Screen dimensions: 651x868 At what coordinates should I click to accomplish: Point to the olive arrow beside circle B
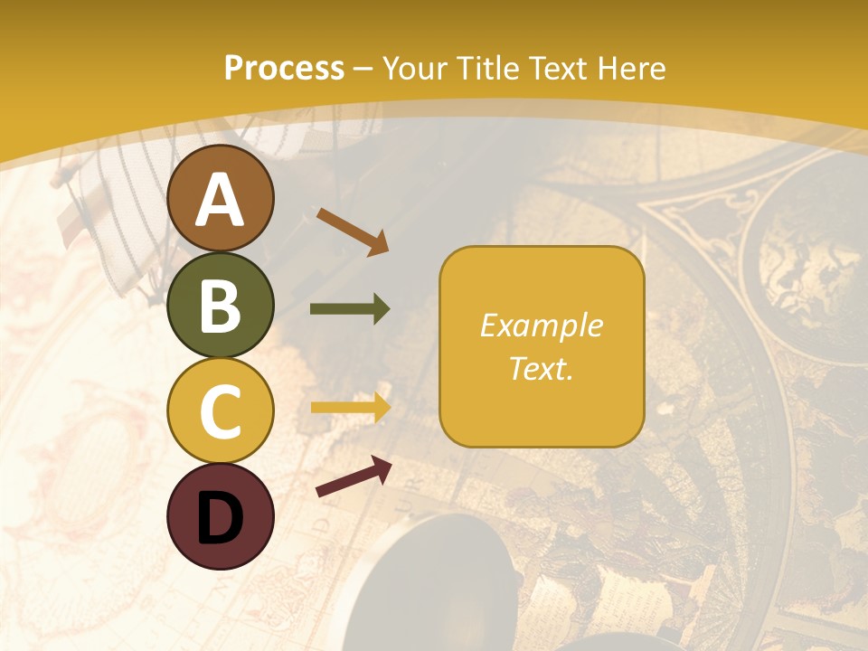[350, 309]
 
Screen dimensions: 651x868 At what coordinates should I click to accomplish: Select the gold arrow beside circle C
[350, 408]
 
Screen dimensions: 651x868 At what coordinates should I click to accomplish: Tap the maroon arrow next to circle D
[354, 476]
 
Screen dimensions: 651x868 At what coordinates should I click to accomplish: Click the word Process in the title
[284, 69]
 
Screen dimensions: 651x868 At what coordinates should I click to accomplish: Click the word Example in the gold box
[542, 325]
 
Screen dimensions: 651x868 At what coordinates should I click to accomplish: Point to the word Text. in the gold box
[542, 369]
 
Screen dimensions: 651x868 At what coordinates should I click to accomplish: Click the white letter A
[220, 199]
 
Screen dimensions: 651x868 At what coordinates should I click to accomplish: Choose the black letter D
[220, 517]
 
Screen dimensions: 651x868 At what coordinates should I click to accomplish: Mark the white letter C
[220, 411]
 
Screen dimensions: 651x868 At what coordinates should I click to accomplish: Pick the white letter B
[220, 306]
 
